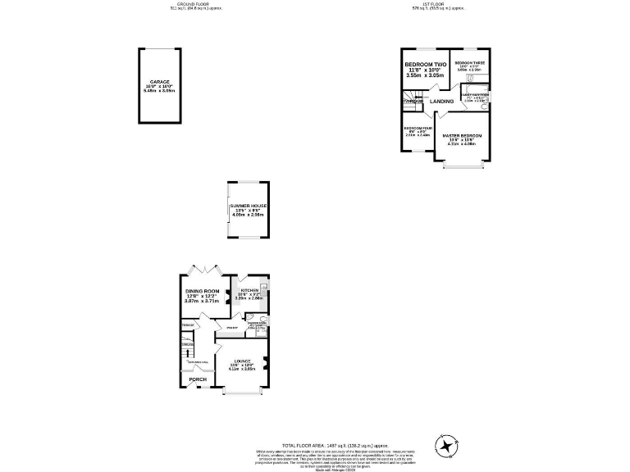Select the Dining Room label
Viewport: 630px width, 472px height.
pos(202,292)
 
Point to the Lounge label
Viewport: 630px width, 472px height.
pos(242,361)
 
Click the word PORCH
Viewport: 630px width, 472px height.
pos(198,379)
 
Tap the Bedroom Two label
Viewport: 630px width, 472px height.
pos(425,64)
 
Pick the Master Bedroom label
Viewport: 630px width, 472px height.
pos(462,135)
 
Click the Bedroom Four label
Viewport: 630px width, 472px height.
pos(417,129)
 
